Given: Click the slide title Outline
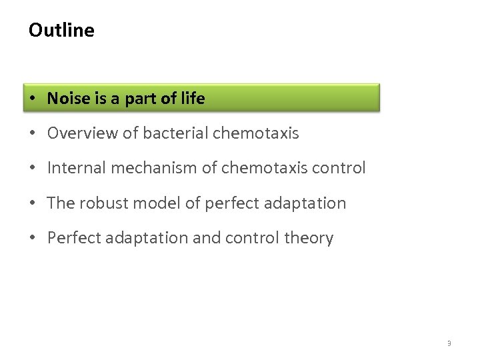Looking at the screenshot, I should (61, 31).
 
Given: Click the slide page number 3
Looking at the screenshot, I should (449, 343).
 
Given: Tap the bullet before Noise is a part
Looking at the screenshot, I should (33, 99).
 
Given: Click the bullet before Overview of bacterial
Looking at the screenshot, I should (33, 134).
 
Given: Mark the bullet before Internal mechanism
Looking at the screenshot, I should (33, 169).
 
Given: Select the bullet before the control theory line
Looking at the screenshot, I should (33, 239).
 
